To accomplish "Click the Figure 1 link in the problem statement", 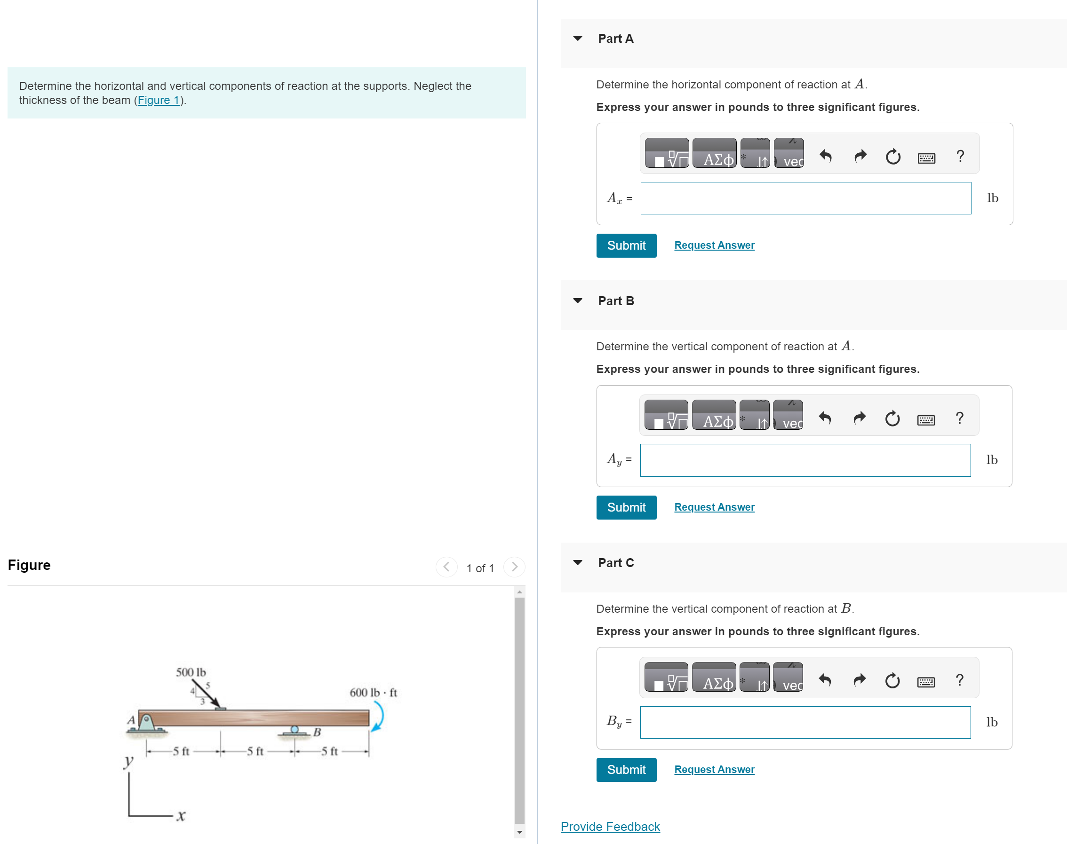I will tap(158, 100).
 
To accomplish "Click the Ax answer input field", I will tap(805, 198).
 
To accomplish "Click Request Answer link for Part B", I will tap(714, 507).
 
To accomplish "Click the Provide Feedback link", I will tap(610, 826).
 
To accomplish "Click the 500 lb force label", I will tap(191, 672).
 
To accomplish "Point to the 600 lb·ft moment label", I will tap(373, 692).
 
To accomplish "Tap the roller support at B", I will tap(295, 730).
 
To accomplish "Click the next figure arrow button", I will tap(514, 567).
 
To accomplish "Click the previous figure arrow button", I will tap(446, 567).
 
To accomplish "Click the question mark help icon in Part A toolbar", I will tap(959, 156).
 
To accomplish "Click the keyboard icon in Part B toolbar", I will tap(925, 419).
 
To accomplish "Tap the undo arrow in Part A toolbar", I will tap(825, 156).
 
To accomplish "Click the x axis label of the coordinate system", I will tap(181, 815).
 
